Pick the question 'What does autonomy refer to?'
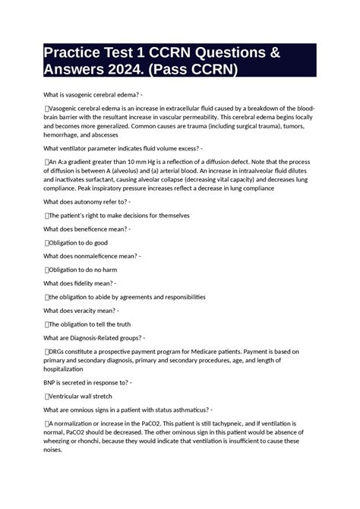[x=87, y=202]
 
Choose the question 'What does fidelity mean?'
[x=80, y=283]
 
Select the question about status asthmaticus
[x=128, y=409]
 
